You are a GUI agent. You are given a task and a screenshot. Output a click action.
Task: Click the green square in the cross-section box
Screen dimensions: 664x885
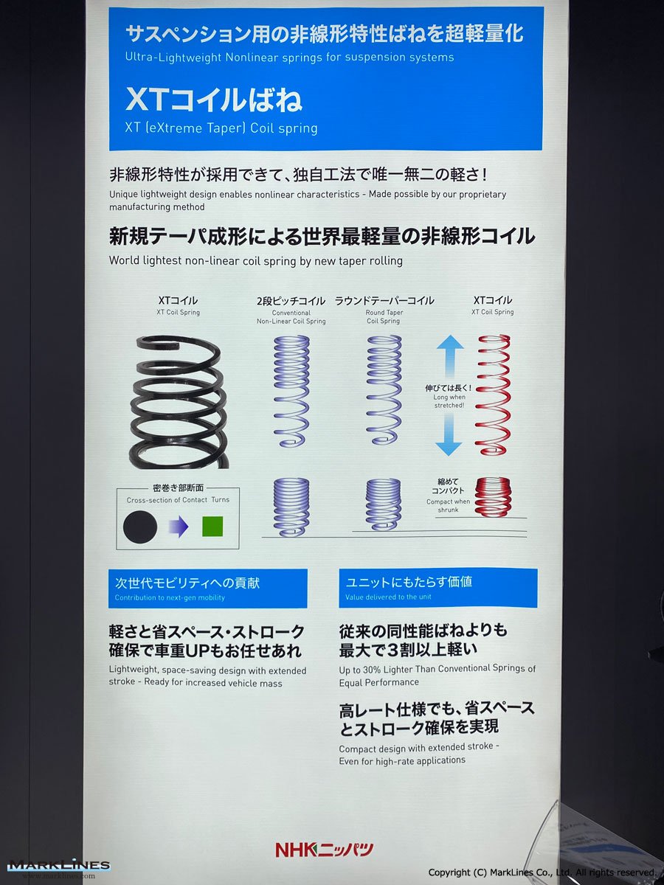pos(212,526)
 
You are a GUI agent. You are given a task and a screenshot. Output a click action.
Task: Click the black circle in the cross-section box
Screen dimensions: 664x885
pos(140,527)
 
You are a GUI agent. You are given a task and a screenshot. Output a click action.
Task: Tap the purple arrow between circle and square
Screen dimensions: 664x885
pos(179,526)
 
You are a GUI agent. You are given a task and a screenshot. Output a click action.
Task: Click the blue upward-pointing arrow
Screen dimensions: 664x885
pos(449,357)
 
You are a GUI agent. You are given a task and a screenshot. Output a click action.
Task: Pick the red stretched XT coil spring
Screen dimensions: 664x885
pos(494,395)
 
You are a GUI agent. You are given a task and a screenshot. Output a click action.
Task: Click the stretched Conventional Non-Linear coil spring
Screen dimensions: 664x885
pos(291,391)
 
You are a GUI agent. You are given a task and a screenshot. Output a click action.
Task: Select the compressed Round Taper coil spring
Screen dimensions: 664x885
pos(384,504)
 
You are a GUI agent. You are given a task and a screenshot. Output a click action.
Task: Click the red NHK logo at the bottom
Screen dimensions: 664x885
pos(325,850)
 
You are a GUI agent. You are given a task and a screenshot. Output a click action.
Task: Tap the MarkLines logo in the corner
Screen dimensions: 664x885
pos(59,867)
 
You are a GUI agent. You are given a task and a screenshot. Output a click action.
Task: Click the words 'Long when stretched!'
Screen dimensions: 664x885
pos(449,401)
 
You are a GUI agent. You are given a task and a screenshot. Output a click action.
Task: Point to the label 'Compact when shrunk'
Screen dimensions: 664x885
pos(449,506)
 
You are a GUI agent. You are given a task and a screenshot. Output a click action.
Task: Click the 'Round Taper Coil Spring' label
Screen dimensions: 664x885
pos(384,316)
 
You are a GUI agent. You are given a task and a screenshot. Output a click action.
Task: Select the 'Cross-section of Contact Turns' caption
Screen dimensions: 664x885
pos(178,499)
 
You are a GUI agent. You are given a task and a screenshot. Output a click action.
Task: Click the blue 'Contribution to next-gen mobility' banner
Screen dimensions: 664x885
pos(207,589)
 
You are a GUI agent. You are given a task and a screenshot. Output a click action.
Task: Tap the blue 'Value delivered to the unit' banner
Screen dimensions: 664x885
pos(438,588)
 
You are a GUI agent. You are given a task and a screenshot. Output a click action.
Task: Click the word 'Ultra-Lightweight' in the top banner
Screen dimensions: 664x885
pos(173,58)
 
